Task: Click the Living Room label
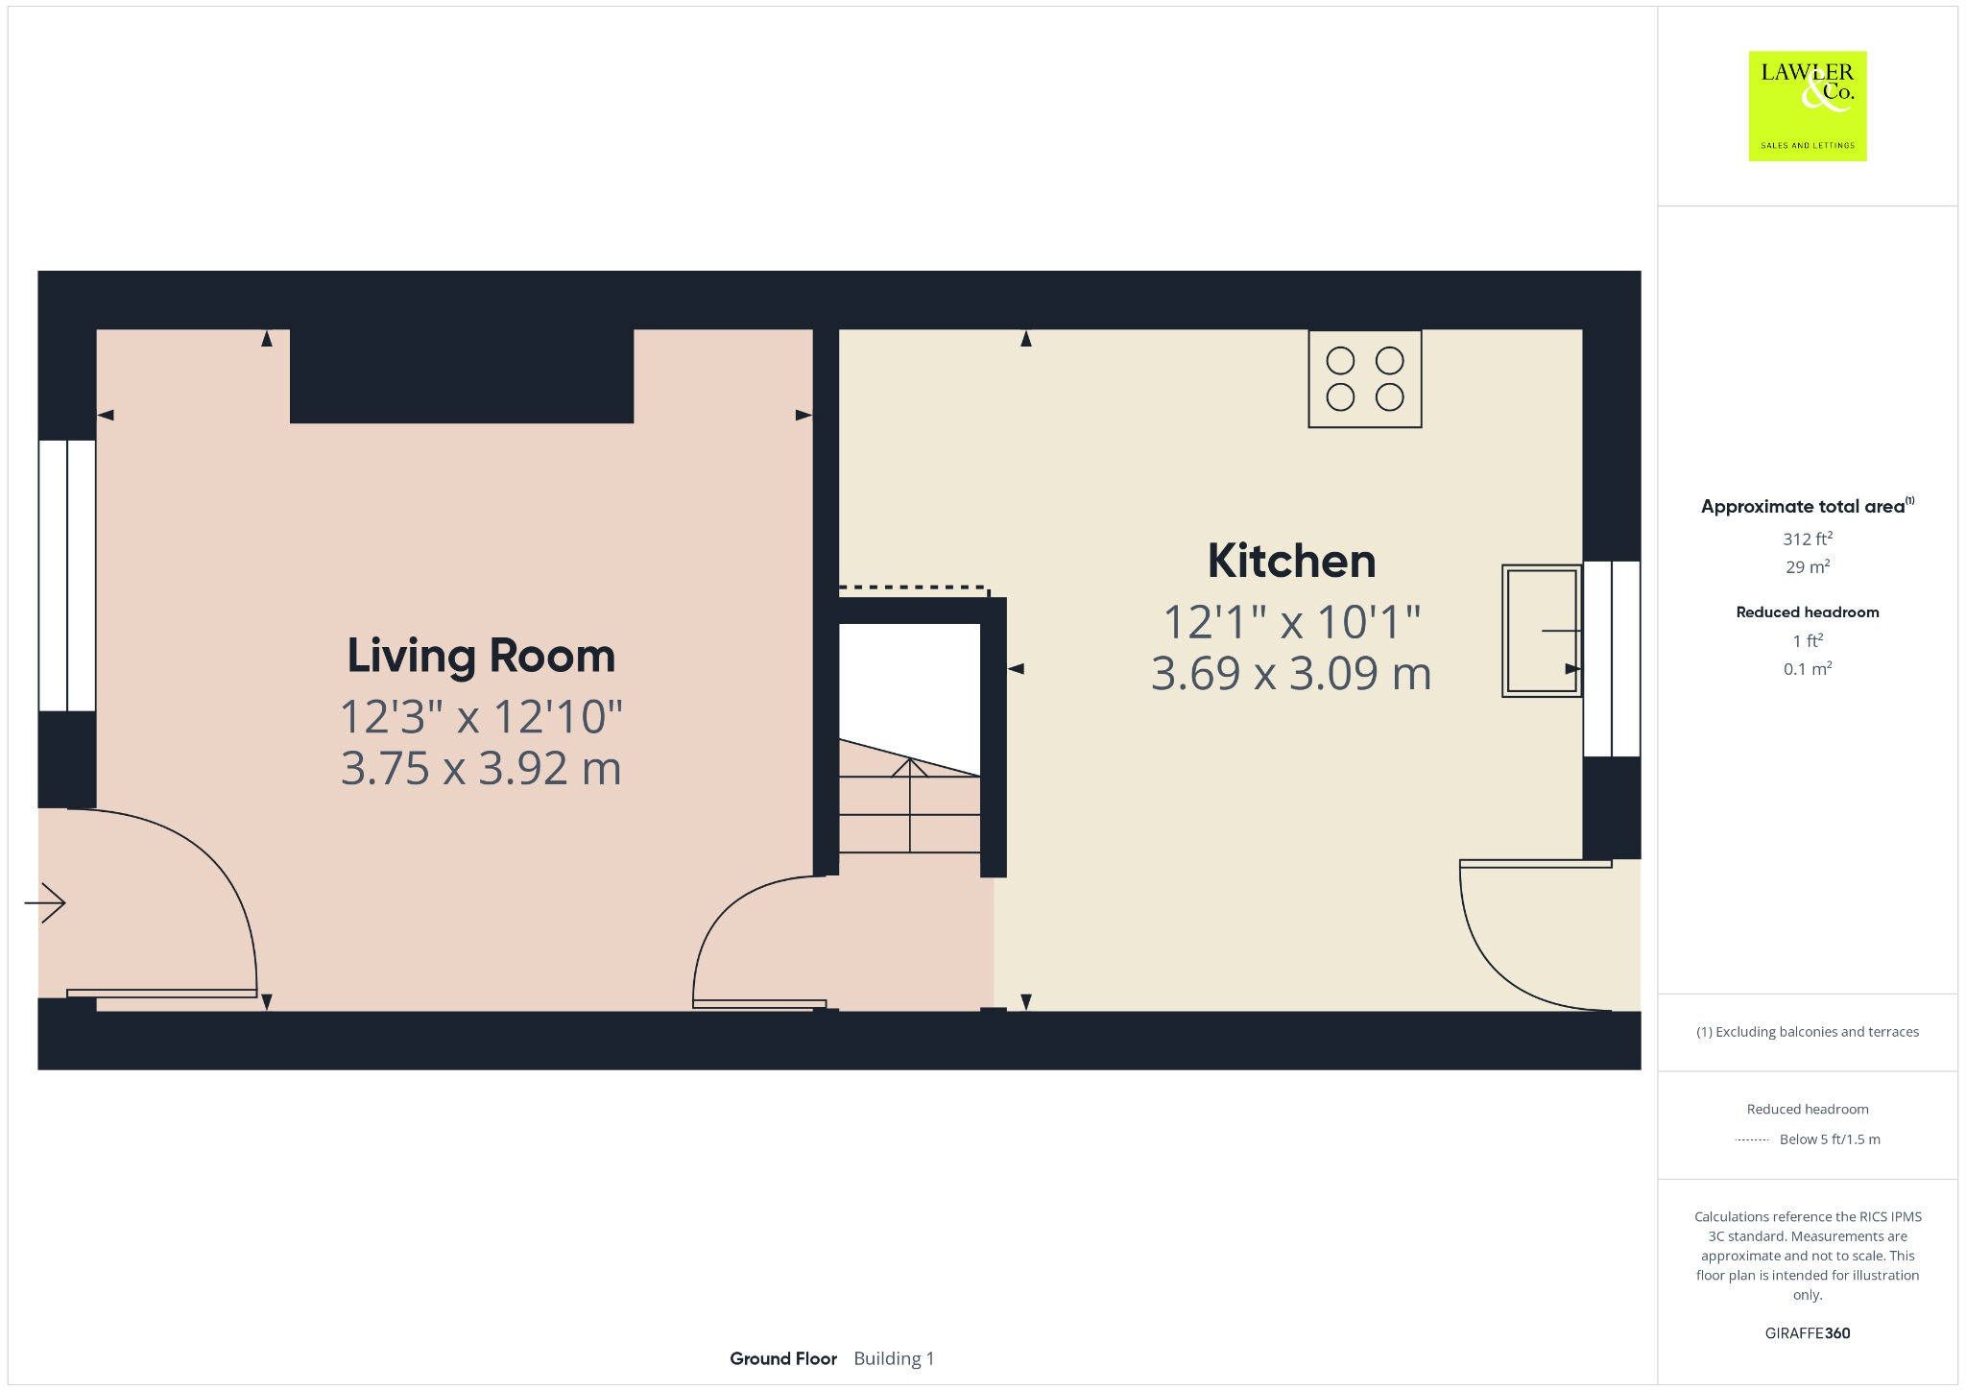tap(481, 656)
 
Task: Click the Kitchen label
tap(1291, 561)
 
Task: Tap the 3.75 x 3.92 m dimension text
tap(481, 769)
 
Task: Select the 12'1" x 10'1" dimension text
tap(1291, 622)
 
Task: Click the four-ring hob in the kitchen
tap(1364, 378)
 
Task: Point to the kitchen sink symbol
tap(1541, 631)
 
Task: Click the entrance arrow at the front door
tap(45, 902)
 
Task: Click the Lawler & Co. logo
tap(1807, 106)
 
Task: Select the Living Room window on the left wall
tap(67, 575)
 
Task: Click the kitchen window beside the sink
tap(1611, 659)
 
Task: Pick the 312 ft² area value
tap(1807, 539)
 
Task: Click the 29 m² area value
tap(1807, 567)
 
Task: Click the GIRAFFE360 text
tap(1807, 1332)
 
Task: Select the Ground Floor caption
tap(782, 1358)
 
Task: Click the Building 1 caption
tap(893, 1358)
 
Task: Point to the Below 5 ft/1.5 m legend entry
tap(1829, 1139)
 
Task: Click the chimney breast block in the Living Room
tap(461, 375)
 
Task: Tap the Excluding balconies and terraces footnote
tap(1807, 1032)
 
